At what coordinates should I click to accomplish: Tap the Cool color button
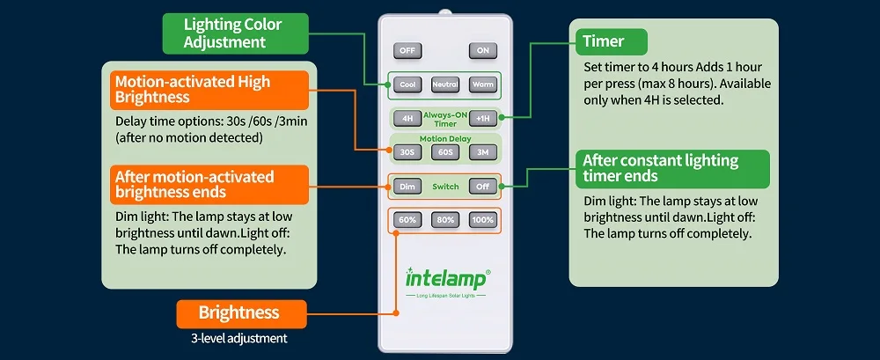[x=407, y=84]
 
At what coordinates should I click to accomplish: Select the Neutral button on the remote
[x=445, y=84]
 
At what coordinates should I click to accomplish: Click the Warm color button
[x=483, y=84]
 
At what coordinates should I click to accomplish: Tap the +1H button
[x=483, y=119]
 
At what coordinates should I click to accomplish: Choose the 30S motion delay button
[x=407, y=152]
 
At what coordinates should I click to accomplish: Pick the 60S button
[x=445, y=152]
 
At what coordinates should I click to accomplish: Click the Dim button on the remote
[x=407, y=187]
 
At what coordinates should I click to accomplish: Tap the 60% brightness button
[x=407, y=220]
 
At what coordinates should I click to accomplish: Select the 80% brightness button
[x=445, y=220]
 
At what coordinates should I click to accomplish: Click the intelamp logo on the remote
[x=448, y=277]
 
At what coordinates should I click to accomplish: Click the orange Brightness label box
[x=242, y=314]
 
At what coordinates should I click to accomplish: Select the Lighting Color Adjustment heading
[x=236, y=33]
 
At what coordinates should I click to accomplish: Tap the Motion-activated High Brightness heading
[x=209, y=90]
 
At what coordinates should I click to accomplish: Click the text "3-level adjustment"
[x=239, y=339]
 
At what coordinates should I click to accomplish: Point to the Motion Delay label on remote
[x=445, y=139]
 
